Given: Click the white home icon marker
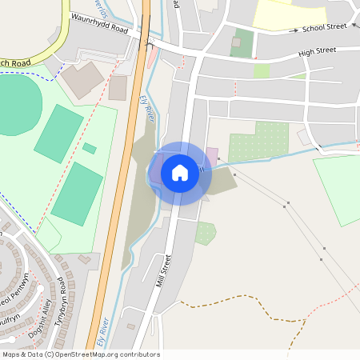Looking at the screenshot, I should click(180, 173).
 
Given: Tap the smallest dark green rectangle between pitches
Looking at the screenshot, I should click(90, 148).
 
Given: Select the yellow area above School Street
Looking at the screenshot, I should click(290, 14).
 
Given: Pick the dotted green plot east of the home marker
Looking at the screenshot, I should click(258, 142).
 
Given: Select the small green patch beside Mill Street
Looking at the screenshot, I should click(206, 233).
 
